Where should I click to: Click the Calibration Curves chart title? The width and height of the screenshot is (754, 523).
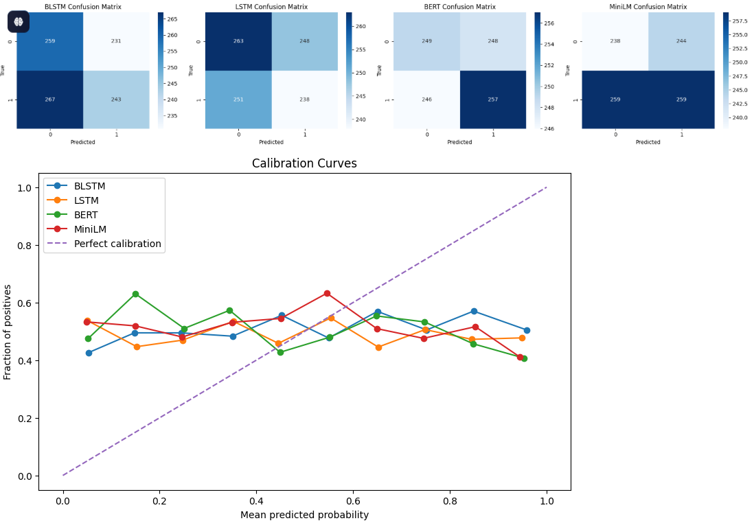(x=304, y=164)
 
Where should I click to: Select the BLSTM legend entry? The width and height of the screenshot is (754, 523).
(x=89, y=186)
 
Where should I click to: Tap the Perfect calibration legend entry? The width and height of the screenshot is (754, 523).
(x=117, y=244)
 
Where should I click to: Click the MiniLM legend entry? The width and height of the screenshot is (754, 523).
(x=90, y=229)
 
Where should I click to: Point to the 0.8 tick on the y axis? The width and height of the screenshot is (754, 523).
(x=24, y=246)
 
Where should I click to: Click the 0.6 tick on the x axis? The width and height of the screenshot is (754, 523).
(x=353, y=502)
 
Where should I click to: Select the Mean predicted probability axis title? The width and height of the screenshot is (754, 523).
(x=304, y=515)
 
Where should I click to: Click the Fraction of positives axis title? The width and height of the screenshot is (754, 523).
(x=8, y=332)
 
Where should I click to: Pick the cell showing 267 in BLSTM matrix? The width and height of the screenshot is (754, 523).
(x=50, y=100)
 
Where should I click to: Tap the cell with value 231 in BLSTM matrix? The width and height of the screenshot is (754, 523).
(x=116, y=41)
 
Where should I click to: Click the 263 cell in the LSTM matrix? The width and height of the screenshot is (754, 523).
(x=238, y=41)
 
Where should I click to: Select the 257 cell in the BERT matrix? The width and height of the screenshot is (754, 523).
(x=492, y=100)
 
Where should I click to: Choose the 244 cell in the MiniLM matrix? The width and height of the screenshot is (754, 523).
(x=681, y=41)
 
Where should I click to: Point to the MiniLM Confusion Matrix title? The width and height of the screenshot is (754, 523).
(x=648, y=7)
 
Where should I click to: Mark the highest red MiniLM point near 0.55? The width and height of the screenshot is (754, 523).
(x=327, y=294)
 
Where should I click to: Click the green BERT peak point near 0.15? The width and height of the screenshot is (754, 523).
(x=135, y=294)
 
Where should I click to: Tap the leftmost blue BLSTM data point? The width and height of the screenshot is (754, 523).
(x=89, y=353)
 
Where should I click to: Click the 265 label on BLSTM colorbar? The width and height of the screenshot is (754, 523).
(x=172, y=19)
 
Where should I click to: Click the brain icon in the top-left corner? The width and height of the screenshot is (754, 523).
(x=19, y=21)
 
